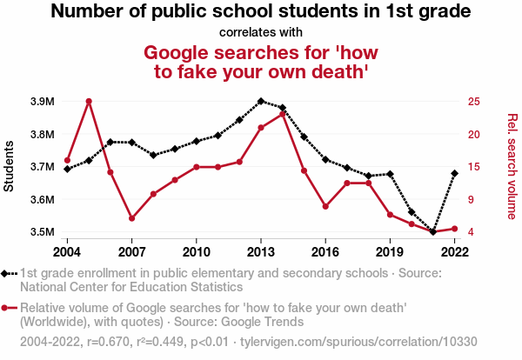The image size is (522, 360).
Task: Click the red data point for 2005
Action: tap(89, 101)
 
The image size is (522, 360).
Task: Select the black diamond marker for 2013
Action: tap(261, 101)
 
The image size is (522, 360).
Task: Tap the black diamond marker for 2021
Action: tap(433, 232)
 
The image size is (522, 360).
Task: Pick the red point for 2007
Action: tap(131, 218)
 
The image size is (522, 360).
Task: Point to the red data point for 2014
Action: tap(283, 113)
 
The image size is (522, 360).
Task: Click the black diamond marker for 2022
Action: tap(454, 173)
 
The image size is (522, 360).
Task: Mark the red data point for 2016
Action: tap(325, 207)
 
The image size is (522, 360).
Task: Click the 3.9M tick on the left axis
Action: tap(41, 102)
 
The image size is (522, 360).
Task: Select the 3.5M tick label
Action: tap(41, 232)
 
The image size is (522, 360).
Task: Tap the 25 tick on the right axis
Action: tap(473, 102)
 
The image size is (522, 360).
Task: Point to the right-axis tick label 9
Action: tap(470, 200)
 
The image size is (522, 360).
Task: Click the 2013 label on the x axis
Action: tap(261, 252)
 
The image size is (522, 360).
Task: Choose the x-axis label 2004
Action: tap(67, 252)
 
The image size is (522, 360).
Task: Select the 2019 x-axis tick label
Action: tap(390, 252)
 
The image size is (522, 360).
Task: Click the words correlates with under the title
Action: tap(261, 33)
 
